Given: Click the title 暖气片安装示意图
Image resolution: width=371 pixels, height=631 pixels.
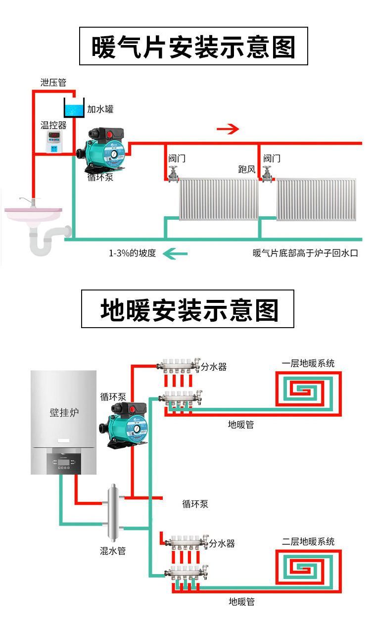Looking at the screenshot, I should point(193,47).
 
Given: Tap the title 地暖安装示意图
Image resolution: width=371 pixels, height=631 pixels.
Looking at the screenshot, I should point(187,309).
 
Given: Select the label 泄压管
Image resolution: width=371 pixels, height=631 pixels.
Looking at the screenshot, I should point(53,82).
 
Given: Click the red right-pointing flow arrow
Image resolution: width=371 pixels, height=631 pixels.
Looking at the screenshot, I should point(228,129).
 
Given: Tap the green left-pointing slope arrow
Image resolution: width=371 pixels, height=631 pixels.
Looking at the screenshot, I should point(176,254).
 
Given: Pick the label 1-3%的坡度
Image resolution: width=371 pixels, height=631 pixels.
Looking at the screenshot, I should point(132,253).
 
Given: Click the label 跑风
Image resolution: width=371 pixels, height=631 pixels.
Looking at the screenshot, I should point(246,170).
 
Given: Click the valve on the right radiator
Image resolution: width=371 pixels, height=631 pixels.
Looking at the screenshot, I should point(268,174).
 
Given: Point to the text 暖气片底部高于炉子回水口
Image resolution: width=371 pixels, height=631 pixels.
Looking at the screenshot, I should point(305,253).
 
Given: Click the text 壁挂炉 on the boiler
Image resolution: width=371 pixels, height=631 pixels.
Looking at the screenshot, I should point(64,412).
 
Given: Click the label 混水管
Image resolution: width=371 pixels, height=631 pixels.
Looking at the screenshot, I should point(113,550).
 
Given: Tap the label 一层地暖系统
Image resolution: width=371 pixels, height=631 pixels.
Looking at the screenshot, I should point(308,363).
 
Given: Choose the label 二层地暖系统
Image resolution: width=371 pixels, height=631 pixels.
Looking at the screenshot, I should point(308,541).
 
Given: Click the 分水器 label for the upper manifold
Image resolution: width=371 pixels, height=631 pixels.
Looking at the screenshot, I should point(214,367).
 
